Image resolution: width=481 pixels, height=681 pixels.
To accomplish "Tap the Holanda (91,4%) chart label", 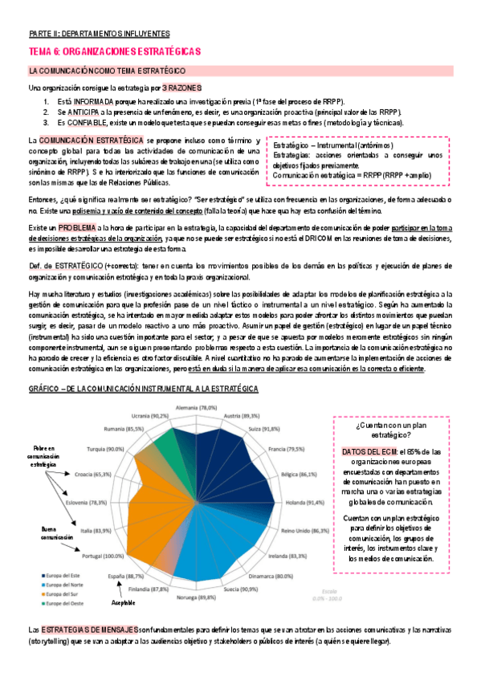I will coord(304,503).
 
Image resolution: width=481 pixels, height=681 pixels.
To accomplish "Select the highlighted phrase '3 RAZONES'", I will coord(181,87).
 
